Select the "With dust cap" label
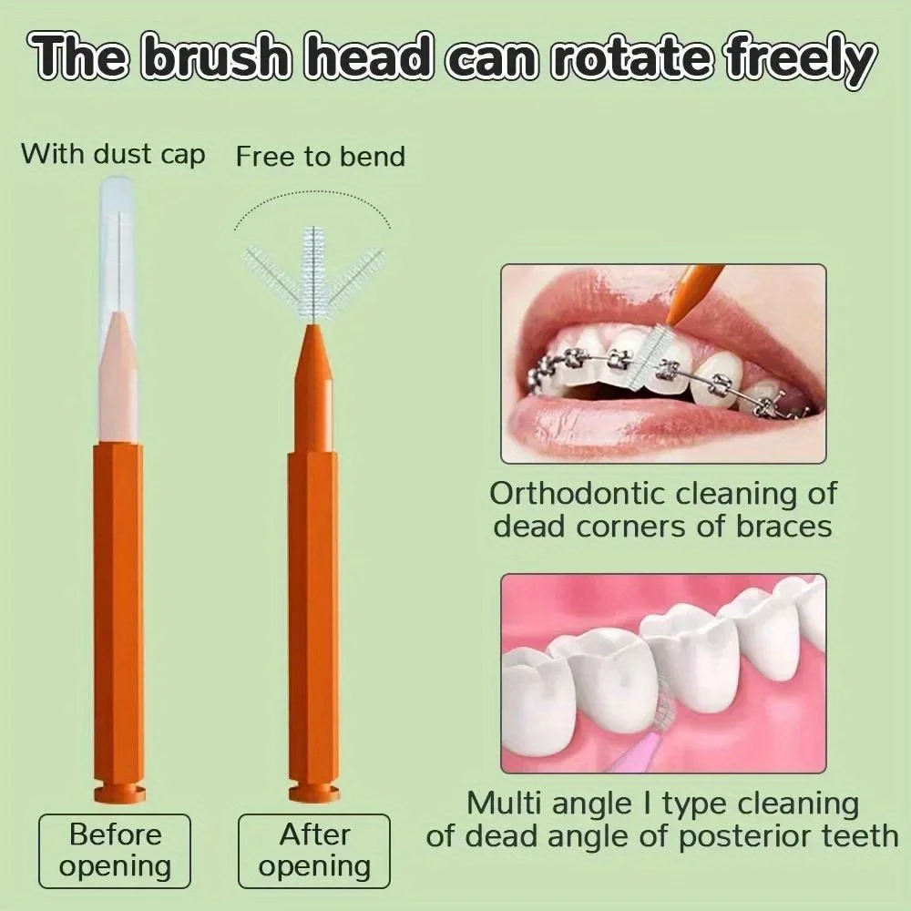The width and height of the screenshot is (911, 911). point(113,155)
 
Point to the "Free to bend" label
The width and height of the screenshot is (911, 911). point(320,157)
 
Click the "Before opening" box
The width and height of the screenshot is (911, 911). point(115,851)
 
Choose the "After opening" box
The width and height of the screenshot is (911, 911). point(314,851)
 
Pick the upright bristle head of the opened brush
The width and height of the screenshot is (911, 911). point(314,273)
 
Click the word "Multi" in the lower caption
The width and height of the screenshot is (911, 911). point(504,804)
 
